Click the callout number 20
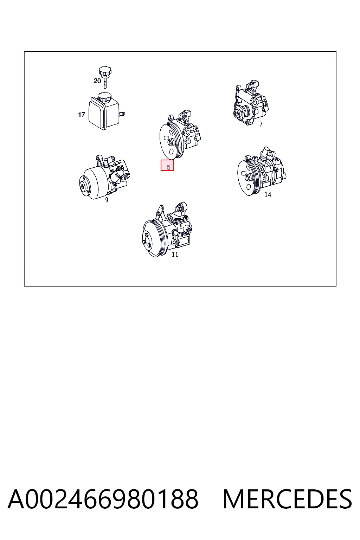click(x=97, y=81)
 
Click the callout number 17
click(x=82, y=114)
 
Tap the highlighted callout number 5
click(x=168, y=167)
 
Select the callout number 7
click(x=261, y=124)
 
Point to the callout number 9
click(x=107, y=200)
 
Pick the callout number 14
click(x=268, y=194)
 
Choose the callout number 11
click(x=175, y=254)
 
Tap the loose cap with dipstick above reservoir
click(x=105, y=77)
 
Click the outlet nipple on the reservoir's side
click(x=122, y=113)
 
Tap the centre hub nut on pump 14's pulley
click(x=248, y=178)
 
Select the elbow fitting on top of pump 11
click(x=181, y=207)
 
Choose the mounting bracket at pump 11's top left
click(x=160, y=212)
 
